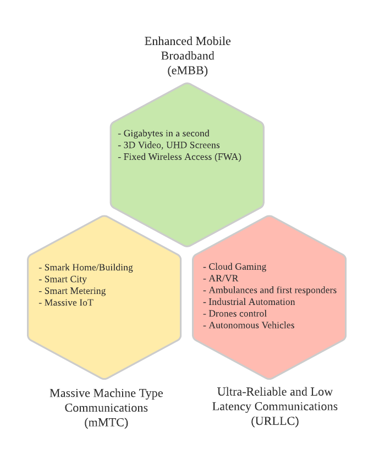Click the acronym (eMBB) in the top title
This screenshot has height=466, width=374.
188,70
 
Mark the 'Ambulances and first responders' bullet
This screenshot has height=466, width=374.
272,290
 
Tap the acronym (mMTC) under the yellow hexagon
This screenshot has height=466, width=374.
107,423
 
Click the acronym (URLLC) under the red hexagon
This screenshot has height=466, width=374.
274,421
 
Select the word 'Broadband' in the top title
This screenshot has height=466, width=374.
188,56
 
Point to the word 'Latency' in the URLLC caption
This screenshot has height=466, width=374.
231,407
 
